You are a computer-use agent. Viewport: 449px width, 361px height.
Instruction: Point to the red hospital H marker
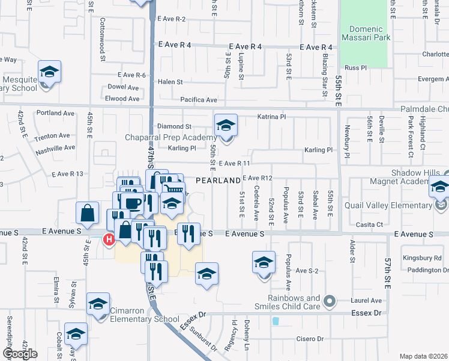click(x=109, y=240)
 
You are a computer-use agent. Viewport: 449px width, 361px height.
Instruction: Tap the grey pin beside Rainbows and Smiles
click(x=328, y=300)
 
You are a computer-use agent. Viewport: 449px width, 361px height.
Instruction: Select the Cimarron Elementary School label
click(x=144, y=319)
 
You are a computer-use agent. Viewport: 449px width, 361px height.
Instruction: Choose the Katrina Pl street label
click(x=273, y=116)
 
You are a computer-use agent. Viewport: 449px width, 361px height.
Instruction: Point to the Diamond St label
click(x=174, y=127)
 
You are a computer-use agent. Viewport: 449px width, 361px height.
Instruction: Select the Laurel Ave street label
click(x=367, y=300)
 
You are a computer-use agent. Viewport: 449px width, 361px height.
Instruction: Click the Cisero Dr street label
click(x=310, y=339)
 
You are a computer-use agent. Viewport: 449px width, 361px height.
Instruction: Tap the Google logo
click(x=20, y=354)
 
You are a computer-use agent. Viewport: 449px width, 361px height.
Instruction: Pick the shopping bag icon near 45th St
click(x=88, y=212)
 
